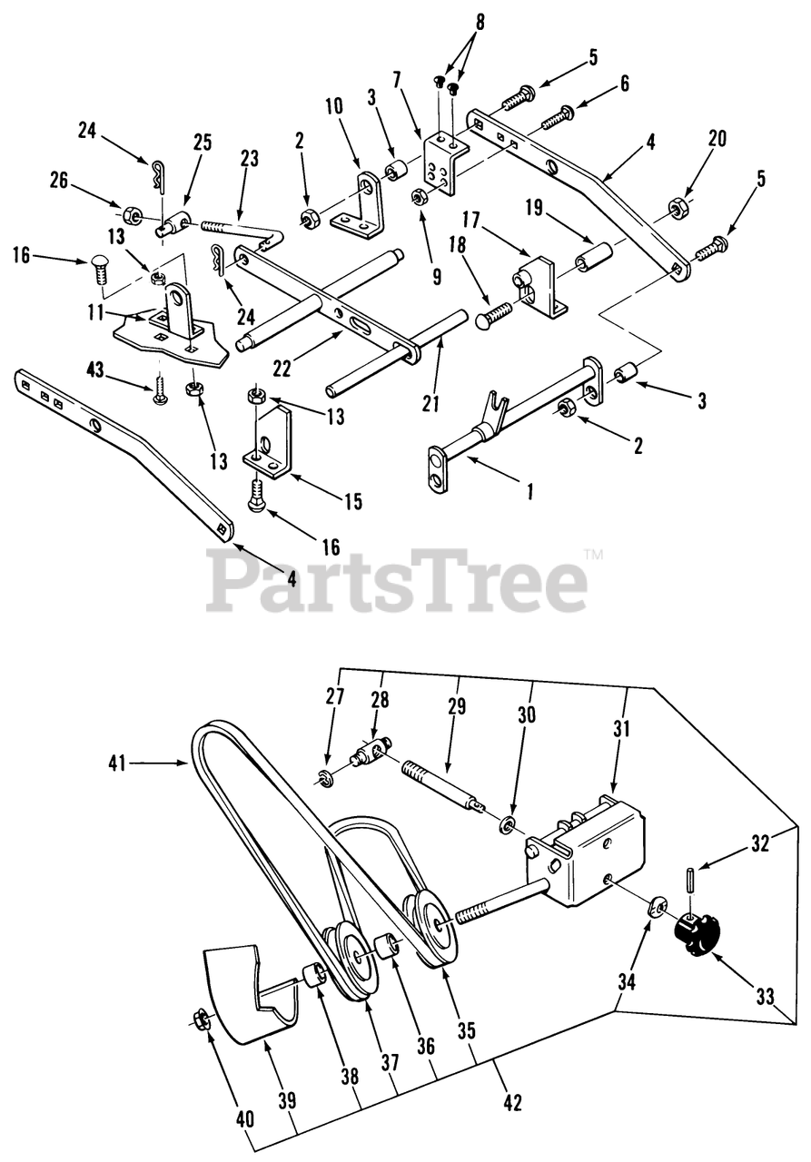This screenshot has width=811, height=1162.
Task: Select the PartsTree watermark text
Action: point(397,581)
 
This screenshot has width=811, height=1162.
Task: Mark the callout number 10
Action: point(333,106)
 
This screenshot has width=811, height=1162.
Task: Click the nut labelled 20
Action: point(677,209)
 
